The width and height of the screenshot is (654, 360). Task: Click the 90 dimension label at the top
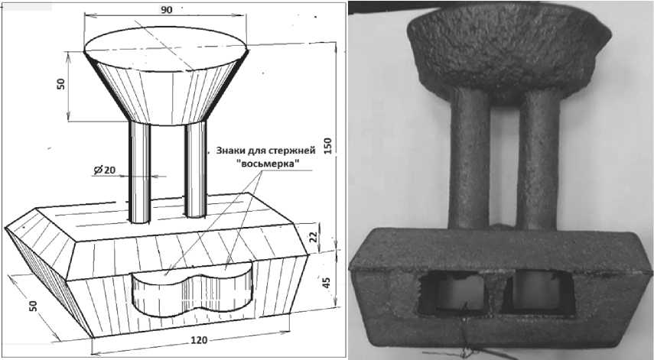point(167,10)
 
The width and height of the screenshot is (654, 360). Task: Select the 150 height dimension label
point(328,146)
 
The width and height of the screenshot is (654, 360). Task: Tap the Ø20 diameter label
point(105,170)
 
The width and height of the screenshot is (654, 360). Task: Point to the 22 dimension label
point(314,237)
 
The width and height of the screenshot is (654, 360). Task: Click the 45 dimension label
point(327,282)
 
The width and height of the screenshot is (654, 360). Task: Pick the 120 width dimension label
point(199,340)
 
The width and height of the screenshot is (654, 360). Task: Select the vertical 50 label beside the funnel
point(61,84)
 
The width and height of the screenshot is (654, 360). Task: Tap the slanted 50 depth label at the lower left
point(33,306)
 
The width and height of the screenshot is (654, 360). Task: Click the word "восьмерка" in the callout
point(271,164)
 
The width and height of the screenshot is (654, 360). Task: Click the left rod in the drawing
point(140,172)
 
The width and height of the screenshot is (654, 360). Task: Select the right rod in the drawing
point(196,170)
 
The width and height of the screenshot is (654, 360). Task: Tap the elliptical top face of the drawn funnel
point(165,49)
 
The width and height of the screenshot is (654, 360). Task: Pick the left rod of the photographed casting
point(469,159)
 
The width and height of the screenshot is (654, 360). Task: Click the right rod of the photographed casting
point(538,159)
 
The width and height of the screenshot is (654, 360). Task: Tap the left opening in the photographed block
point(452,293)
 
